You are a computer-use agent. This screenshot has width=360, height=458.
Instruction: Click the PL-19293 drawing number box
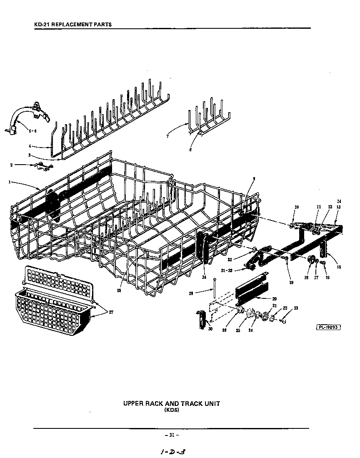328,327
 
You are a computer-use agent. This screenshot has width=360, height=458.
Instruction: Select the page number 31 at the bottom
171,435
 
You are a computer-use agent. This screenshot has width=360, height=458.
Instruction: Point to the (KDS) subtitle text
171,410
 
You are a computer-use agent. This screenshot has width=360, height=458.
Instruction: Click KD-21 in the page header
42,25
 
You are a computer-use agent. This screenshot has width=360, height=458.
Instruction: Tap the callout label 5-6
32,131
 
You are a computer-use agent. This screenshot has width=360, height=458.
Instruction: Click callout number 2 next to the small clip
11,165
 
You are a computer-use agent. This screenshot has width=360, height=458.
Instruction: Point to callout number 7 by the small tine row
167,136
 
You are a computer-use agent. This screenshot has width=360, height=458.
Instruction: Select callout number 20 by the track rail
274,298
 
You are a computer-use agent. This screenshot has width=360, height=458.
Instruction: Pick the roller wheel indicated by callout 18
310,260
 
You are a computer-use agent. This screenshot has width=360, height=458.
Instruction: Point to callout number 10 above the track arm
296,207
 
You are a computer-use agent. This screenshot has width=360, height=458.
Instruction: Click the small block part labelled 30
203,320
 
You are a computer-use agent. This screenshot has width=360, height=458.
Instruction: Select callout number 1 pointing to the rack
9,182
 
